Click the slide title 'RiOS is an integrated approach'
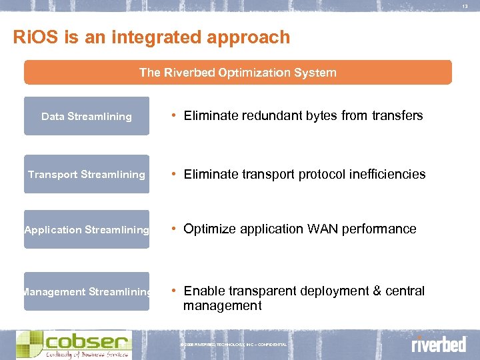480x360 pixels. pyautogui.click(x=151, y=37)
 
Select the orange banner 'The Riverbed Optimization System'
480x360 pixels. pyautogui.click(x=237, y=72)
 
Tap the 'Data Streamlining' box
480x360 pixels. pyautogui.click(x=87, y=116)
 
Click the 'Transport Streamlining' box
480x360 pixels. pyautogui.click(x=87, y=174)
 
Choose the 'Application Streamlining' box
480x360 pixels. pyautogui.click(x=87, y=229)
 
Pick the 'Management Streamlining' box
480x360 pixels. pyautogui.click(x=87, y=291)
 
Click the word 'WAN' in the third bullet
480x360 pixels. pyautogui.click(x=322, y=229)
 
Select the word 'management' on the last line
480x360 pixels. pyautogui.click(x=223, y=306)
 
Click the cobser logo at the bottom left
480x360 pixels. pyautogui.click(x=73, y=345)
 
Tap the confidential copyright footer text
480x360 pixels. pyautogui.click(x=234, y=345)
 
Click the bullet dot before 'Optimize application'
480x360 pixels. pyautogui.click(x=173, y=229)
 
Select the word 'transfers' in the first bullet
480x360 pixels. pyautogui.click(x=397, y=116)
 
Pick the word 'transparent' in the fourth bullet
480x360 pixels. pyautogui.click(x=257, y=291)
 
